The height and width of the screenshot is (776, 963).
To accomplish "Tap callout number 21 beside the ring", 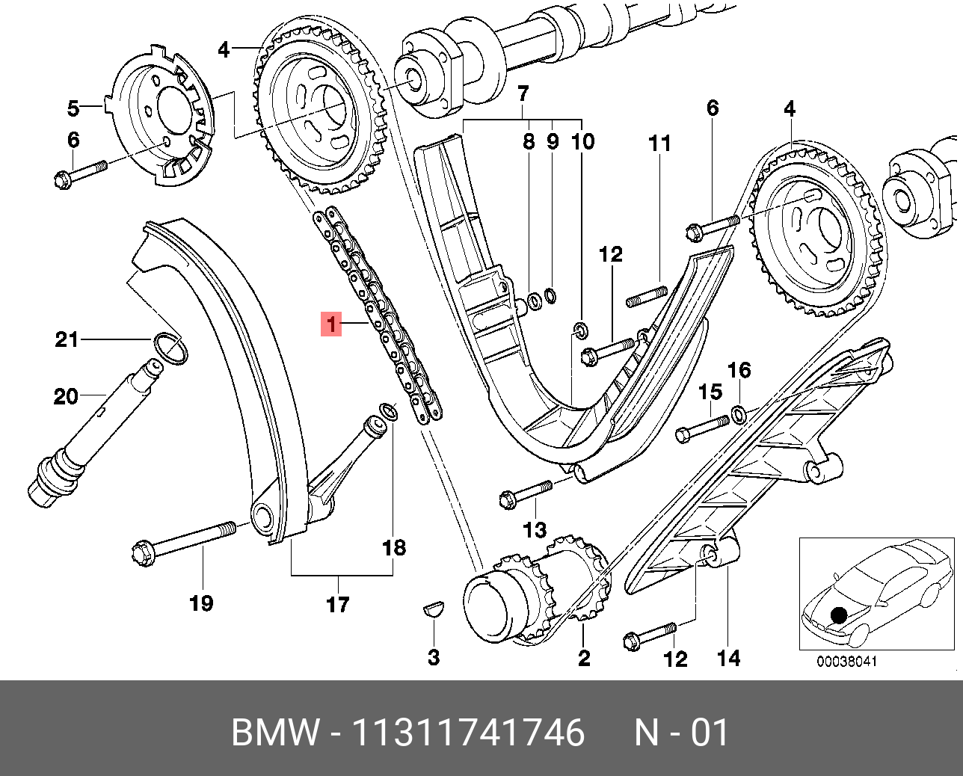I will (67, 339).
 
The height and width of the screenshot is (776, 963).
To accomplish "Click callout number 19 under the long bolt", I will (201, 603).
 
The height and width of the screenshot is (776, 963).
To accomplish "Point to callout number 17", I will (337, 604).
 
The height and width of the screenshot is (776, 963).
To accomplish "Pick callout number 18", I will (394, 547).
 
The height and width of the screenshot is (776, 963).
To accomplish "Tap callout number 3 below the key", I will (434, 658).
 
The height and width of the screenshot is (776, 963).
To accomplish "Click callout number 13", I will (535, 530).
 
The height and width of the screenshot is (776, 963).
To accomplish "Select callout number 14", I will (728, 658).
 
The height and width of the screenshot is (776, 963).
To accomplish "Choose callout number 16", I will (739, 370).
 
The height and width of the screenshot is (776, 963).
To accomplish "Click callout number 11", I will (659, 143).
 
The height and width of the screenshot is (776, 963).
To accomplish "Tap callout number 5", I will (73, 108).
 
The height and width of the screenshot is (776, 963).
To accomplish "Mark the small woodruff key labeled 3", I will (434, 609).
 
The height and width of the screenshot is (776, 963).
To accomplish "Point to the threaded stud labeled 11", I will (647, 297).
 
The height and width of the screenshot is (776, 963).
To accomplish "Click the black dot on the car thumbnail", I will (839, 615).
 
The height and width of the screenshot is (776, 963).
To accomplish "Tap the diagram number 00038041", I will (846, 662).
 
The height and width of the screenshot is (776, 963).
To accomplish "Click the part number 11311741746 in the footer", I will (468, 733).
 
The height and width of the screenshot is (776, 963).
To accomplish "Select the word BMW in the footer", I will (275, 733).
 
